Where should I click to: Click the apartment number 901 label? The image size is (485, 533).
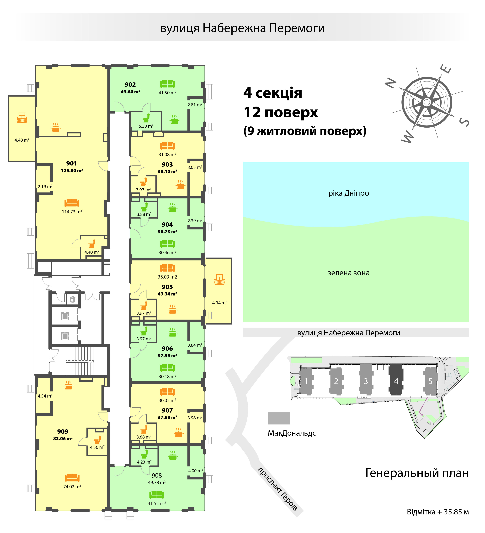point(71,163)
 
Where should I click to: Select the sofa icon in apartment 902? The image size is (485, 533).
point(167,84)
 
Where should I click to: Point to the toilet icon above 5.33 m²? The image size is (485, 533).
point(146,118)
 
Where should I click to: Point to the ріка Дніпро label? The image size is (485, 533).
point(348,193)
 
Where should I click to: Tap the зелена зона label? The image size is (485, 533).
point(348,273)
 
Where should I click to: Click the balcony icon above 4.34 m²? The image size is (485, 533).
point(219,279)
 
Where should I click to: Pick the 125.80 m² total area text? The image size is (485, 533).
point(72,171)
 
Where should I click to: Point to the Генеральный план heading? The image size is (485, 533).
point(417,473)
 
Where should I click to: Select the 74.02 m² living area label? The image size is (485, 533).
point(72,486)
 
